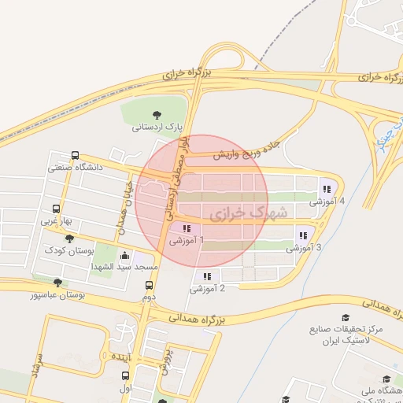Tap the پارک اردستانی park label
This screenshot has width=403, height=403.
[156, 126]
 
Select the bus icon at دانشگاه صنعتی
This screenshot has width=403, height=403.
[75, 155]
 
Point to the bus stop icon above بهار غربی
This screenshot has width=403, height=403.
[57, 209]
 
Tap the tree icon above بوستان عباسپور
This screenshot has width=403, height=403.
[57, 283]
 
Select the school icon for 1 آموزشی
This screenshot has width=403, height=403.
[186, 228]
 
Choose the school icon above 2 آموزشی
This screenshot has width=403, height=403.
[207, 276]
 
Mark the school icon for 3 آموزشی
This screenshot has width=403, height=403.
[303, 235]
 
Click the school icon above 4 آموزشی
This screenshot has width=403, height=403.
[326, 189]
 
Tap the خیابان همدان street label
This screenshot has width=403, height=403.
[124, 205]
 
